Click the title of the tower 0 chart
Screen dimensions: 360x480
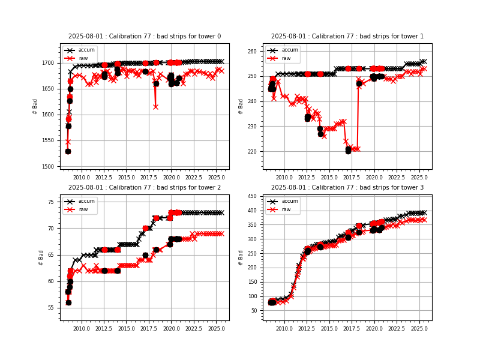145,37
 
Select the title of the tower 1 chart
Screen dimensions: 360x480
347,37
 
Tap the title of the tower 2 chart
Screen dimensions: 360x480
145,188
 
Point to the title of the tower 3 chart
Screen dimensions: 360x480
347,188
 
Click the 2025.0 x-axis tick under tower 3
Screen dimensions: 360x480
419,329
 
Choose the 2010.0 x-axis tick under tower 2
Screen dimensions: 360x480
82,329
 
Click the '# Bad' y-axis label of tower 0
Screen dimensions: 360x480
35,107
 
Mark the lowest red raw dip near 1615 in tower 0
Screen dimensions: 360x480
155,107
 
